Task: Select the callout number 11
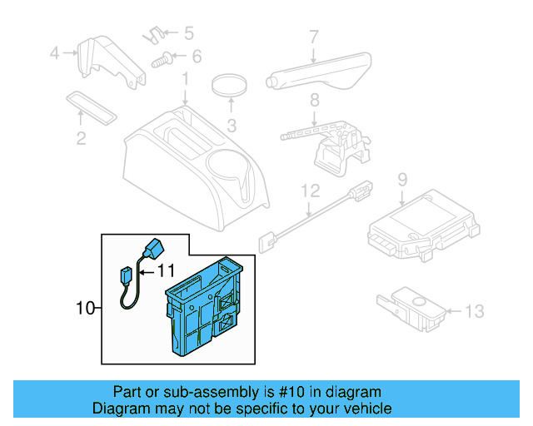[x=166, y=270]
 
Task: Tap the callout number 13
[x=473, y=312]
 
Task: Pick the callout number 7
[x=313, y=37]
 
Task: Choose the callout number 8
[x=313, y=102]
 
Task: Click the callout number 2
[x=81, y=139]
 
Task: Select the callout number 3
[x=232, y=126]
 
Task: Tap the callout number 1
[x=185, y=79]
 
